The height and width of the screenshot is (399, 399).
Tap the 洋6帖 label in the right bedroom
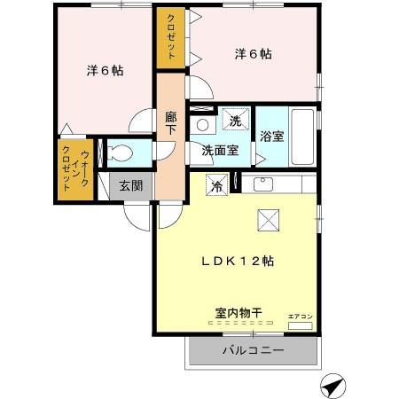tap(253, 54)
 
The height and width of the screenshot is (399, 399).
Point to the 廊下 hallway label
tap(171, 121)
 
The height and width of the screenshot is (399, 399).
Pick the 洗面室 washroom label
tap(219, 150)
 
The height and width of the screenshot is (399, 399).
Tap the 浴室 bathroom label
tap(271, 137)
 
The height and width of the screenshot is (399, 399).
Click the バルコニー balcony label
tap(253, 352)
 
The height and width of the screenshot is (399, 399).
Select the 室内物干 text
tap(238, 312)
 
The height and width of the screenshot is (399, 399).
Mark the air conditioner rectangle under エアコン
tap(300, 327)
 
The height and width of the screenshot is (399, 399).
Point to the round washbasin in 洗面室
tap(202, 125)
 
